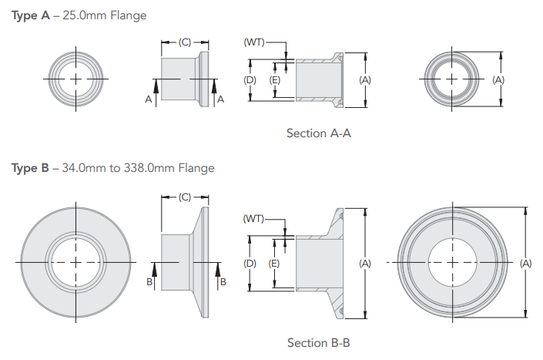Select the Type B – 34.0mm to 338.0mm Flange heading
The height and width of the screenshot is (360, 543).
[x=113, y=168]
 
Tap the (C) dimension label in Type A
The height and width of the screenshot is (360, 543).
[x=185, y=43]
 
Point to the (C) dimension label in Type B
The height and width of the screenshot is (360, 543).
[x=185, y=198]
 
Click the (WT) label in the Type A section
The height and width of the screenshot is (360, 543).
[x=254, y=43]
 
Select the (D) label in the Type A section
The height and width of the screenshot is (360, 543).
[x=250, y=79]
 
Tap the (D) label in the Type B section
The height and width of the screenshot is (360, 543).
[x=250, y=264]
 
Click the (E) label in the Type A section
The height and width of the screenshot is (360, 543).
[x=274, y=79]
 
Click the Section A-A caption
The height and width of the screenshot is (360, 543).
[x=319, y=133]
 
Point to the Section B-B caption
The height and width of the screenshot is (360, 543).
[x=319, y=342]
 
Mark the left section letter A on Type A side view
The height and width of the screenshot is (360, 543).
[x=147, y=99]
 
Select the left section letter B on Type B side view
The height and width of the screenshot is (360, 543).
[x=149, y=282]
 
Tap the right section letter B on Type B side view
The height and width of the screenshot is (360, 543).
[x=223, y=282]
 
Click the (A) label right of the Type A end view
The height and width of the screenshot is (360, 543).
[x=498, y=79]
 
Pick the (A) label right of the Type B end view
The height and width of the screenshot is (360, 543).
[x=526, y=264]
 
